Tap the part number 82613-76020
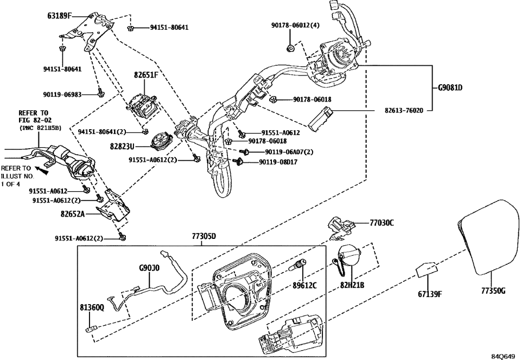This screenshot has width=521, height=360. point(401,110)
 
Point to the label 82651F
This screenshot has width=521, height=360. point(145,75)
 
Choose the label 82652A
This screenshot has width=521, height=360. point(73,214)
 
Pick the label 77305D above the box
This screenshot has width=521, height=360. point(204,237)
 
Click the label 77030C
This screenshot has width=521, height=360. point(382,223)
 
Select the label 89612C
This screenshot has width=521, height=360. point(306,284)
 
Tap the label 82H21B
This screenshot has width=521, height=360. point(352,285)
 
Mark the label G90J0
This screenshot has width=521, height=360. point(149,268)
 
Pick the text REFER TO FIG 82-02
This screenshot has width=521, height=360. point(34,118)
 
